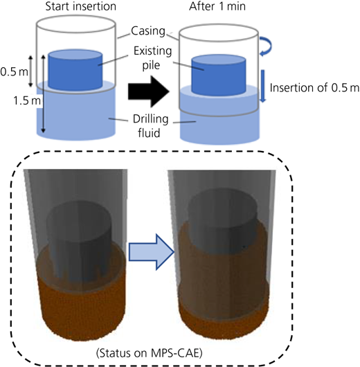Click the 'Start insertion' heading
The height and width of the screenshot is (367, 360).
coord(81,6)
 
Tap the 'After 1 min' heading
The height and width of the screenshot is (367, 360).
coord(217,6)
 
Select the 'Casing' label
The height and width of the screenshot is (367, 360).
coord(148,31)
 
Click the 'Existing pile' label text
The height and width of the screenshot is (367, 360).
coord(152,57)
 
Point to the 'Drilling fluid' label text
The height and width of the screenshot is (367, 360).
coord(150,126)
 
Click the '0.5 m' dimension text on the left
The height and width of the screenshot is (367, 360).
coord(15,72)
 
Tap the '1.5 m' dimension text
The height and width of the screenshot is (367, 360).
coord(27,100)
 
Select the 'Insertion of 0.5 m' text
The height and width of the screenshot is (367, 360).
coord(314,88)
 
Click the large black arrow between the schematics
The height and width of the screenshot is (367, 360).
coord(149,91)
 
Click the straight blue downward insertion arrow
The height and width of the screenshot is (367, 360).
coord(263,86)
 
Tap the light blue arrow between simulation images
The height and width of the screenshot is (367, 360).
coord(152,252)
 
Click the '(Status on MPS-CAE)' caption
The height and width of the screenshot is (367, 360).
coord(149,353)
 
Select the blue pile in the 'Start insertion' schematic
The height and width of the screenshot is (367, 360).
coord(75,70)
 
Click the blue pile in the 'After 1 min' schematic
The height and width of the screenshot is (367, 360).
coord(219,75)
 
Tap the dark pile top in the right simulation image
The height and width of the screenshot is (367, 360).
coord(222,211)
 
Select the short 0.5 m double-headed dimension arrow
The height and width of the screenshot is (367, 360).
coord(30,71)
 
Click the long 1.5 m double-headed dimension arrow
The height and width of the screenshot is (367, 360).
coord(43,94)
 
